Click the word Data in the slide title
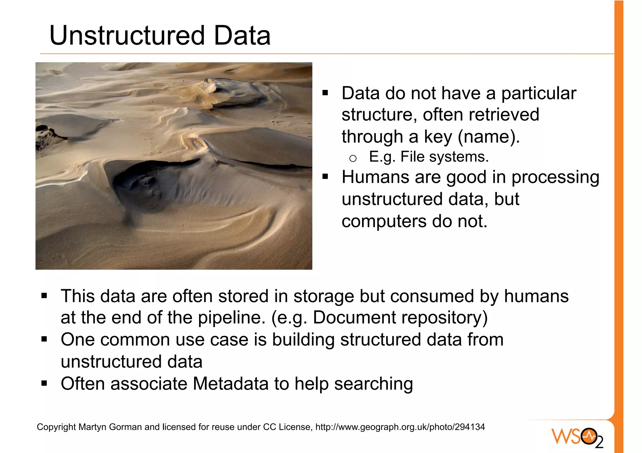242,35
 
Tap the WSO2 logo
577,437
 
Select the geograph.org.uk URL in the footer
400,427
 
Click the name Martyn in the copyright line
92,427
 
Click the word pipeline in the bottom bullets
229,318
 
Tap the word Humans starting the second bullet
375,177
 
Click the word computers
384,221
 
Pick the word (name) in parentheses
489,137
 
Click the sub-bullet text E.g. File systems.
429,157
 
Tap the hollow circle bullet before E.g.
353,158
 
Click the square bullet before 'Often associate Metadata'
44,383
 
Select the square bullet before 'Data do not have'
325,93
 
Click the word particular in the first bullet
539,93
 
